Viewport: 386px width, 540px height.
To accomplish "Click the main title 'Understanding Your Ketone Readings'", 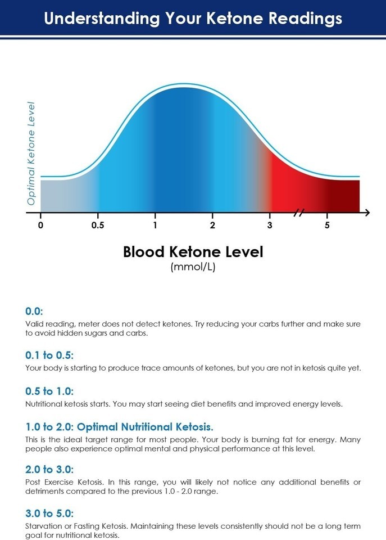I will [x=193, y=18].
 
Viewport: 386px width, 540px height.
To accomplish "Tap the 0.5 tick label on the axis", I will [x=98, y=226].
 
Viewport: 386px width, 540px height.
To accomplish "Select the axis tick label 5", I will [x=327, y=226].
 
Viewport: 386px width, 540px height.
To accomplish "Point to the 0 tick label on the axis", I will [x=40, y=226].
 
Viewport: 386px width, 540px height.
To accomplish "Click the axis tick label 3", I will [x=270, y=226].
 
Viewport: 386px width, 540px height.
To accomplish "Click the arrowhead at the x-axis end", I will [x=366, y=213].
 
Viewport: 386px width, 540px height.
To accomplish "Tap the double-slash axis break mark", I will [x=299, y=213].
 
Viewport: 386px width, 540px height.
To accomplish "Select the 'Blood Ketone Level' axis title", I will [x=193, y=251].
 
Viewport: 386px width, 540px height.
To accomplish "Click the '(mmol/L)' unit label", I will [x=193, y=267].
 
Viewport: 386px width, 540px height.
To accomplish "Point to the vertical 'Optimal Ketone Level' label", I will [x=31, y=153].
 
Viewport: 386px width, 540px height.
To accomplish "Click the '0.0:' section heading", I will [x=34, y=311].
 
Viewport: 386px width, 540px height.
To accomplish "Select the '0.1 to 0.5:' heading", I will [x=49, y=355].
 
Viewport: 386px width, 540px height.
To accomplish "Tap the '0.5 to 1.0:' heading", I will [x=49, y=391].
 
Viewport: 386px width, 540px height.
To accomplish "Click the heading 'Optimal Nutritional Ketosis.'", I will [x=145, y=427].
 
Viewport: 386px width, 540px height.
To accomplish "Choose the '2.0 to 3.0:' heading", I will [x=49, y=470].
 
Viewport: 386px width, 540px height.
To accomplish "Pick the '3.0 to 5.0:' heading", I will [x=49, y=514].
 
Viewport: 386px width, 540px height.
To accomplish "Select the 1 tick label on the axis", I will [x=155, y=226].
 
